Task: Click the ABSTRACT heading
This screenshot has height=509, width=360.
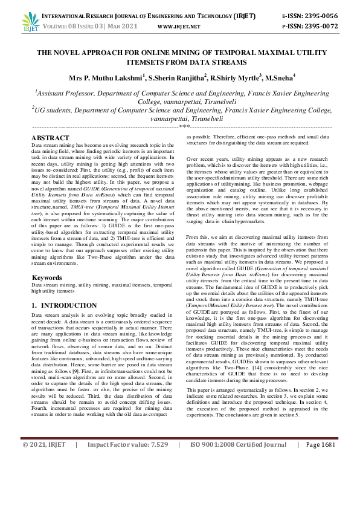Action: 50,138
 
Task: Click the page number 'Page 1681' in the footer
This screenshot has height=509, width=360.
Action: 320,495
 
